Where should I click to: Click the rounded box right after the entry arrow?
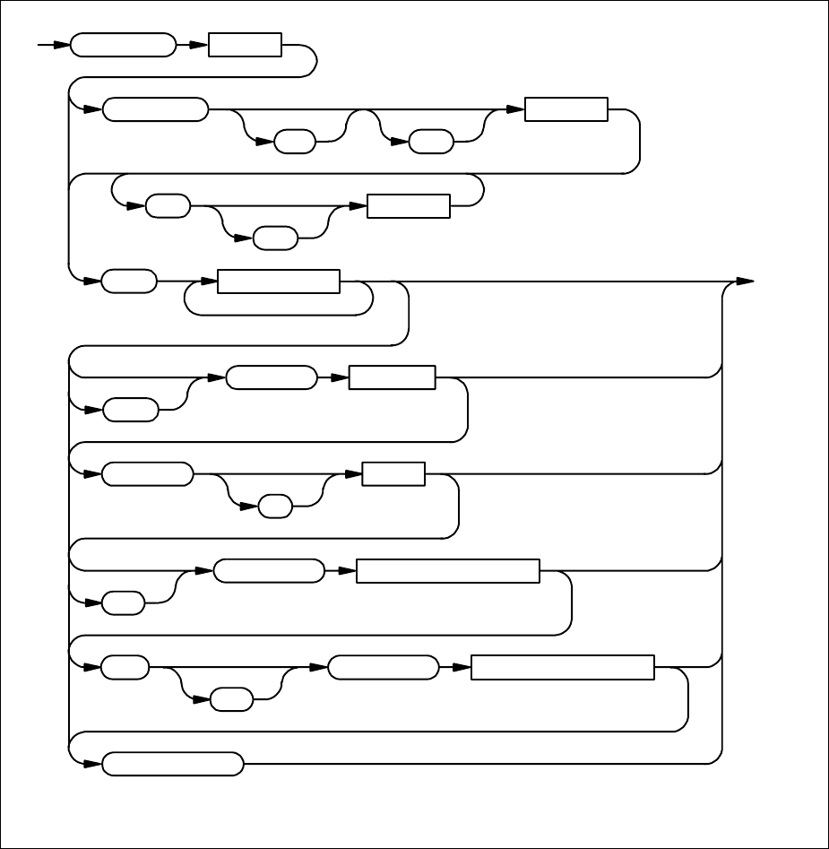pyautogui.click(x=123, y=45)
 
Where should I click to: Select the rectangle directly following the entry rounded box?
pyautogui.click(x=245, y=45)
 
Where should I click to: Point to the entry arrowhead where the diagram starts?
pyautogui.click(x=64, y=45)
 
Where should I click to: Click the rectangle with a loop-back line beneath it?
pyautogui.click(x=279, y=282)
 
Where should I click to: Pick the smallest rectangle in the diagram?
pyautogui.click(x=393, y=474)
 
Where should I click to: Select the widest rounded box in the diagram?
pyautogui.click(x=173, y=765)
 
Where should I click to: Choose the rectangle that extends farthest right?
pyautogui.click(x=562, y=668)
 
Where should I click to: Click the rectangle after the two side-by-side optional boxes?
pyautogui.click(x=566, y=109)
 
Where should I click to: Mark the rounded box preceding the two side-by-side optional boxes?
pyautogui.click(x=156, y=109)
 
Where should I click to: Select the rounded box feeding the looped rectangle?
pyautogui.click(x=129, y=282)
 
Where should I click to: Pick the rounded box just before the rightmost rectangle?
pyautogui.click(x=384, y=668)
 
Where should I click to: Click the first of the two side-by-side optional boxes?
pyautogui.click(x=295, y=142)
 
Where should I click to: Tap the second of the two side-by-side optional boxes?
pyautogui.click(x=429, y=142)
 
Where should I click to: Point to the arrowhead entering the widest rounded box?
pyautogui.click(x=95, y=765)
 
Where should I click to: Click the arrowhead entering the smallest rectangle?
pyautogui.click(x=355, y=474)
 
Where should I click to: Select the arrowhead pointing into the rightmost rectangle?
pyautogui.click(x=464, y=668)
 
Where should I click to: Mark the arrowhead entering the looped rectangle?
pyautogui.click(x=212, y=282)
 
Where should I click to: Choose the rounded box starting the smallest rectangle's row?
pyautogui.click(x=147, y=474)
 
